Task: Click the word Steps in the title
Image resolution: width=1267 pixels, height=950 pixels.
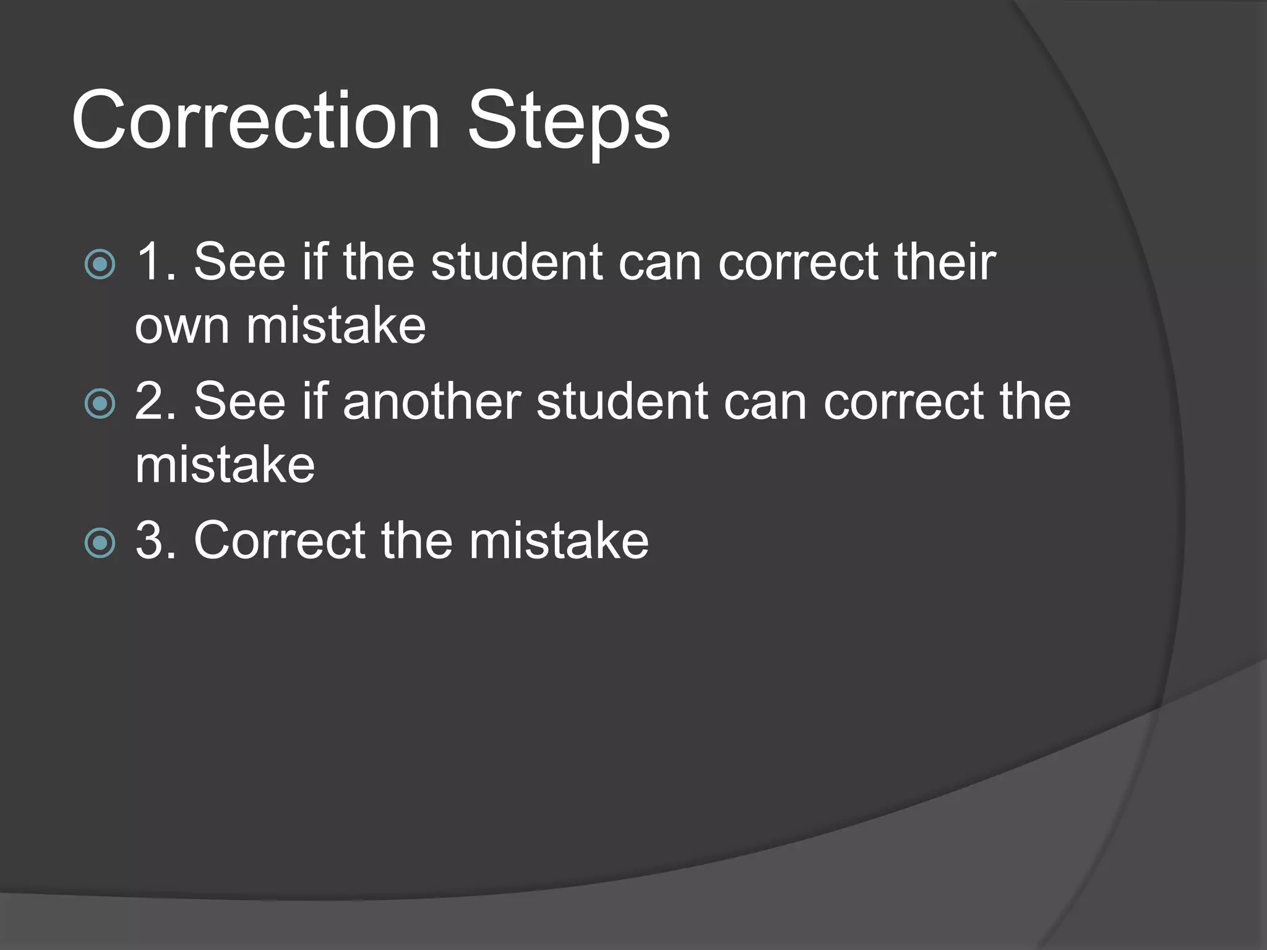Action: (569, 122)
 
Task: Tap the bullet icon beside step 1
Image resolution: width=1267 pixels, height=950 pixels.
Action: (100, 265)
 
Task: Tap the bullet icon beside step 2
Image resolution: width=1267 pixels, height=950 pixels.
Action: (100, 404)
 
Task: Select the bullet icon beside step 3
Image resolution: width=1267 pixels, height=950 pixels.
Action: (100, 543)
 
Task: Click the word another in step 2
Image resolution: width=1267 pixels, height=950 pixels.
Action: (432, 401)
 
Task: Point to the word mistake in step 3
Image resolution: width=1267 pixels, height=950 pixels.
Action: (559, 541)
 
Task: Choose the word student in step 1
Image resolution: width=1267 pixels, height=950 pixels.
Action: (516, 262)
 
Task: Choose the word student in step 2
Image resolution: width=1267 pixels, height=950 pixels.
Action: (621, 401)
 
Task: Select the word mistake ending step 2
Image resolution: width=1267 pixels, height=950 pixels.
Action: (225, 464)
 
